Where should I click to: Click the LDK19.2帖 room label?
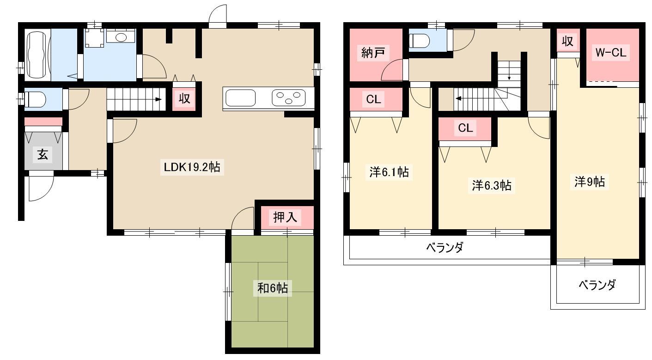[192, 167]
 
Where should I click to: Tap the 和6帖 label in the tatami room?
[273, 288]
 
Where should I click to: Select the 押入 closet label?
[285, 217]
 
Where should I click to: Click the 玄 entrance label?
[43, 154]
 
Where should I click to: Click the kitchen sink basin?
[240, 98]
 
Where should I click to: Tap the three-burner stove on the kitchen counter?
[289, 98]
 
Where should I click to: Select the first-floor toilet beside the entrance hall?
[35, 99]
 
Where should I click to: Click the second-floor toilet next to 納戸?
[419, 41]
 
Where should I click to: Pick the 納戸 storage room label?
[373, 53]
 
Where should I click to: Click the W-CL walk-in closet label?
[611, 53]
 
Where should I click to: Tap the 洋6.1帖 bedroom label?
[389, 172]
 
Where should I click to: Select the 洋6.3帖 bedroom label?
[492, 185]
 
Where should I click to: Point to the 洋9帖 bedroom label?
[590, 182]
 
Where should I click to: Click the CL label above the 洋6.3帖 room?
[465, 128]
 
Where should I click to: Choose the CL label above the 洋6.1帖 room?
[373, 99]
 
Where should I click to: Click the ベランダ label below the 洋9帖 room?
[597, 285]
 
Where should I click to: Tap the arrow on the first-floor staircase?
[158, 99]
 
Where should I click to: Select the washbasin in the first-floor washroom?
[121, 37]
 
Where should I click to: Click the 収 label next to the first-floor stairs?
[184, 98]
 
